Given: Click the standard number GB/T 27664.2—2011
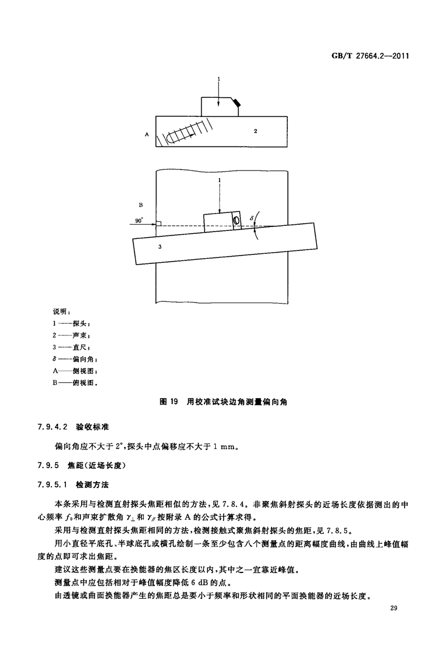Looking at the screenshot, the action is coord(370,55).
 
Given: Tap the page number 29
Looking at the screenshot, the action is coord(394,608).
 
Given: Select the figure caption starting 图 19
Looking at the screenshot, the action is coord(223,402).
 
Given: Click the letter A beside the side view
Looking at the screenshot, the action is coord(147,135).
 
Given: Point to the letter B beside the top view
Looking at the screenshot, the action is coord(141,205).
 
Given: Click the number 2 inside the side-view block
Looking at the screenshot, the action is coord(255,131).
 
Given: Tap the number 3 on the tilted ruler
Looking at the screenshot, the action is coord(160,247).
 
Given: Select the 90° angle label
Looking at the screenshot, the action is coord(139,221).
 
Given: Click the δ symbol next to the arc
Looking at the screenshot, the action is coord(251,218).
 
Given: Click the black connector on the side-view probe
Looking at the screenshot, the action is coord(237,102).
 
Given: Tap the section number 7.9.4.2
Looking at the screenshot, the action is coord(53,427).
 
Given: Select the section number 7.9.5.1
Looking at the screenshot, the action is coord(53,485).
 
